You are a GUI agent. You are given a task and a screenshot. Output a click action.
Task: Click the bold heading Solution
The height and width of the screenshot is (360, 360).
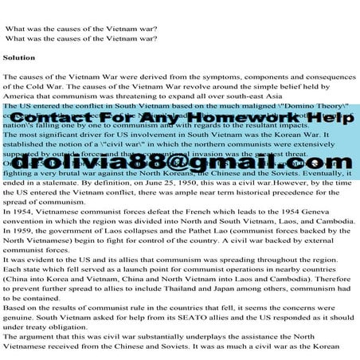tap(19, 58)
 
